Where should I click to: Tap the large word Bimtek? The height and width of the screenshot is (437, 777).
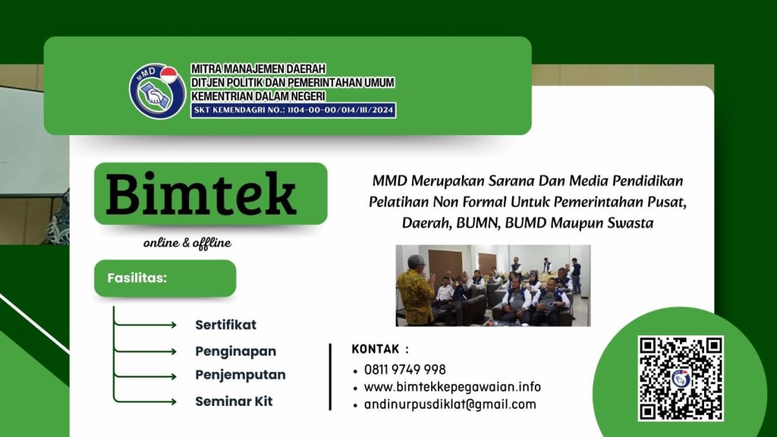(201, 194)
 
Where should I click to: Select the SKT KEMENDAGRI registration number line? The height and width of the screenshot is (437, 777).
(293, 110)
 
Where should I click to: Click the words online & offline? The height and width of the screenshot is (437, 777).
(187, 244)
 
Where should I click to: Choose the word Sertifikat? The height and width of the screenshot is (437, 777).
(225, 325)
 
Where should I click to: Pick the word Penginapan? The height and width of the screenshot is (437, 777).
(235, 351)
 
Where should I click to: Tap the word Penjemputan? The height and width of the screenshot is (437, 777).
(240, 375)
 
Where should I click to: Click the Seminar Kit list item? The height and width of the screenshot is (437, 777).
(234, 401)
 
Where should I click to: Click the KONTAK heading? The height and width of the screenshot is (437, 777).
(380, 350)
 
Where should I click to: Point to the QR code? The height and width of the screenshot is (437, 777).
(680, 378)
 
